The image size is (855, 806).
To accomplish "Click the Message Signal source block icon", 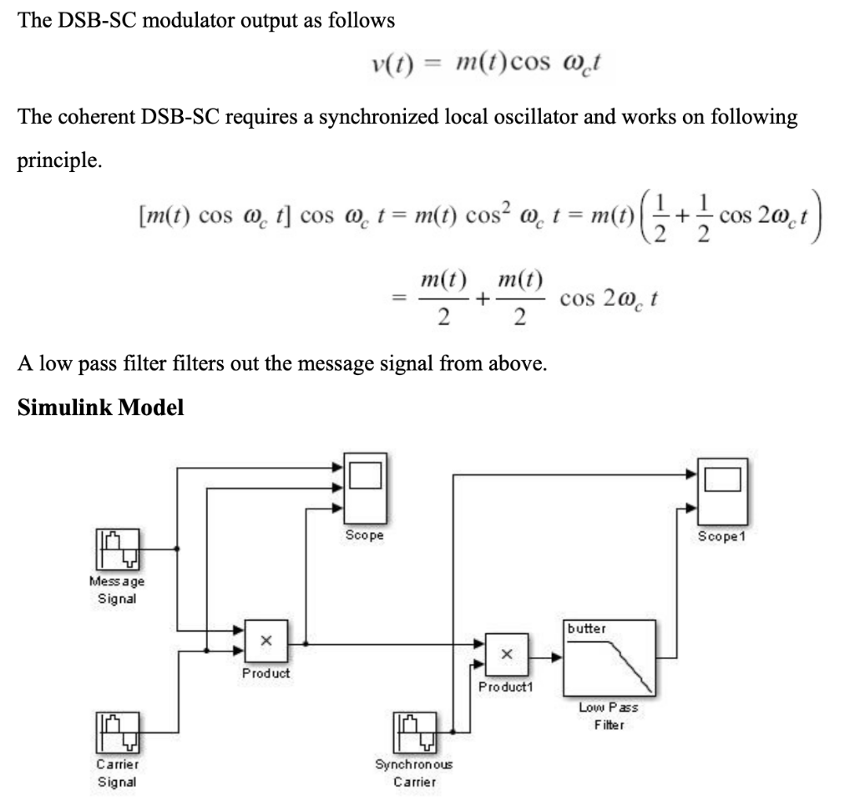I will coord(117,548).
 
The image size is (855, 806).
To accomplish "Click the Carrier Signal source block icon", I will coord(117,732).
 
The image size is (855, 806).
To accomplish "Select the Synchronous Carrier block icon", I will coord(416,732).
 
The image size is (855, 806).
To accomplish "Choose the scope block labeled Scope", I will coord(365,489).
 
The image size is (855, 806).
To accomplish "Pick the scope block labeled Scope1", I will coord(723,489).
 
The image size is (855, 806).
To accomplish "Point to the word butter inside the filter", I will coord(587,628).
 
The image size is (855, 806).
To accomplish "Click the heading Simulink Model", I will coord(100,408).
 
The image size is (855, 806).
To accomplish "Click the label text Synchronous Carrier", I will coord(415,773).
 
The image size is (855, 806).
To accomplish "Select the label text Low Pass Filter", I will coord(609,716).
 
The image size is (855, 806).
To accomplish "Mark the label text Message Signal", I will coord(116,589).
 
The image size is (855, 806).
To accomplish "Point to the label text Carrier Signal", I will coord(116,773).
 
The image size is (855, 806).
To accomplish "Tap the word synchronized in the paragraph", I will coord(377,117).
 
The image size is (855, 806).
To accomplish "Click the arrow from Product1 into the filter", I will coord(549,657).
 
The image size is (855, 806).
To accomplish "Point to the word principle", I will coord(58,160).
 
